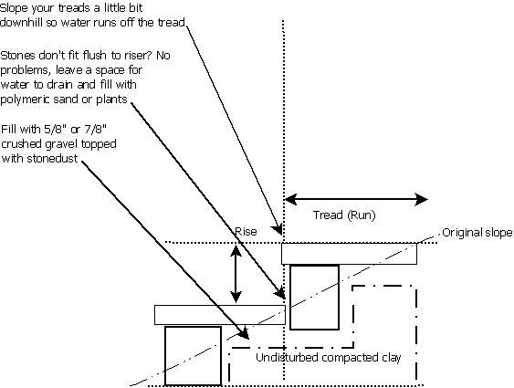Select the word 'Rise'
(x=246, y=232)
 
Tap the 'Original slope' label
(x=477, y=232)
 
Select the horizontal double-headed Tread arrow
(x=355, y=198)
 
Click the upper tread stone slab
(x=349, y=253)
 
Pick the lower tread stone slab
(x=220, y=314)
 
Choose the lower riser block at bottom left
(x=193, y=355)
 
